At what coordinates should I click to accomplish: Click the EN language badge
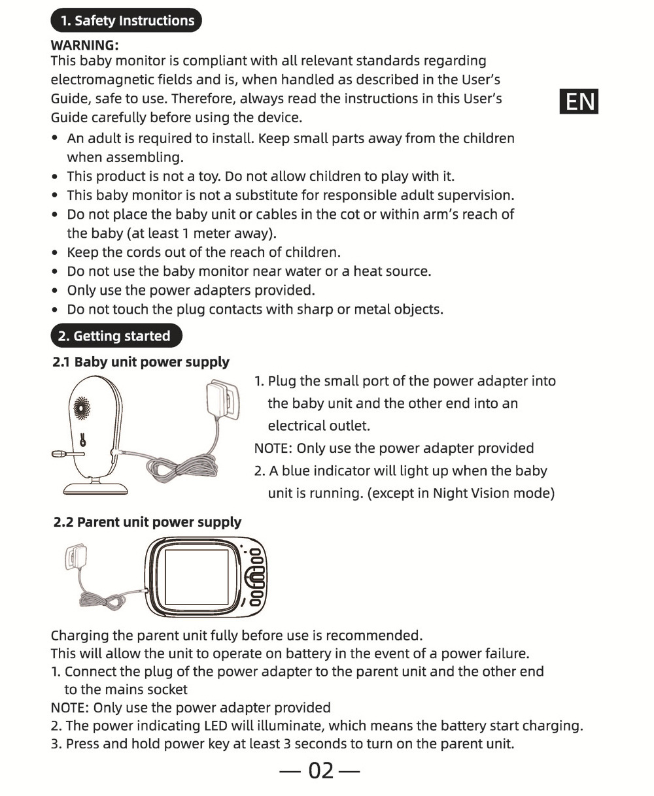point(579,101)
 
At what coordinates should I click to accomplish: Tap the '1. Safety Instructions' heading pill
point(127,20)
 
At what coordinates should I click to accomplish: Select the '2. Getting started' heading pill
point(116,336)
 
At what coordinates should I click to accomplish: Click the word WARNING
point(84,45)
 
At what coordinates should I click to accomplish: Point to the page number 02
point(320,771)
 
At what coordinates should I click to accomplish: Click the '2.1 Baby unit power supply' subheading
point(141,362)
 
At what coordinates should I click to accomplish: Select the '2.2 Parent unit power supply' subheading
point(147,522)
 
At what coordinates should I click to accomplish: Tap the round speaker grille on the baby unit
point(82,410)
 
